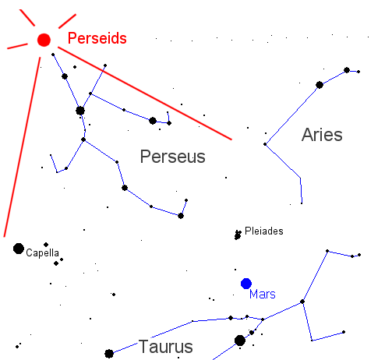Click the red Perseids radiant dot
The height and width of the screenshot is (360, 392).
pos(44,40)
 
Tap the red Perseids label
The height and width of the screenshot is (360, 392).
pos(97,38)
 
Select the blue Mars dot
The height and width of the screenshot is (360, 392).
pos(246,284)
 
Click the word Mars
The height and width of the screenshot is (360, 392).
pos(263,295)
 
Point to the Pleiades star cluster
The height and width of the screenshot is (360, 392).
pos(238,235)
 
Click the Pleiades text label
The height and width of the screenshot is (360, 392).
pos(264,231)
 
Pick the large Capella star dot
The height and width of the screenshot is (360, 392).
pos(19,249)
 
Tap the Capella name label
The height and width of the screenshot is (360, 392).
pos(43,253)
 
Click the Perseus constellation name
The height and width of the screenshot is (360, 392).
pos(173,157)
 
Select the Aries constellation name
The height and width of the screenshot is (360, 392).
pos(322,135)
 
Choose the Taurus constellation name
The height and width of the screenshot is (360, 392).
pos(166,347)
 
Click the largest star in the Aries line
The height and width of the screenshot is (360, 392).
pos(320,85)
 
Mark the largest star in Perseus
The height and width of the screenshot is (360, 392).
pos(80,111)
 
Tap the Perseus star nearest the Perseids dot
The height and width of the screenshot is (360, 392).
pos(53,55)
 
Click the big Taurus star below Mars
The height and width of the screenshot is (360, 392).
pos(240,341)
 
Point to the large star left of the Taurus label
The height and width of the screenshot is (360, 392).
pos(109,354)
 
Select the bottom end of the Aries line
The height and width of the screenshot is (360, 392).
pos(302,203)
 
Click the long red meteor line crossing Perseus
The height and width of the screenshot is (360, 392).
pos(145,94)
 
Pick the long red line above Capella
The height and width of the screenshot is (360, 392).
pos(22,147)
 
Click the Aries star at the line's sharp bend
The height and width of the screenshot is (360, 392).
pos(265,144)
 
